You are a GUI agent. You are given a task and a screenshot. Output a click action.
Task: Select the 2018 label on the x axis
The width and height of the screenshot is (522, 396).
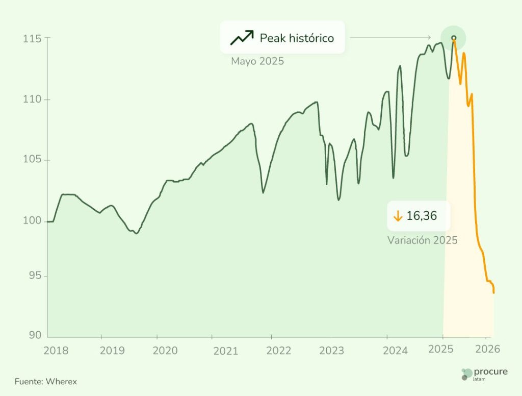click(x=56, y=350)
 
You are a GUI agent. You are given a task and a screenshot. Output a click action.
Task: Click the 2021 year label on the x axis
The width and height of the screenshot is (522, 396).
click(x=225, y=351)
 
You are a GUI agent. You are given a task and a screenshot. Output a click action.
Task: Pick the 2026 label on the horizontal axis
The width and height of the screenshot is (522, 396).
click(x=488, y=350)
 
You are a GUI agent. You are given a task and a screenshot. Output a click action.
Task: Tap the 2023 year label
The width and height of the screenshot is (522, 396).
click(x=331, y=351)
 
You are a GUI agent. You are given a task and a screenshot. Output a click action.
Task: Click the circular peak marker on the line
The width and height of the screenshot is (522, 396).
click(x=453, y=38)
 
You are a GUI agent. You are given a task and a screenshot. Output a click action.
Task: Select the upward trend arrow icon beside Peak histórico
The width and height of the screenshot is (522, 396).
click(x=242, y=38)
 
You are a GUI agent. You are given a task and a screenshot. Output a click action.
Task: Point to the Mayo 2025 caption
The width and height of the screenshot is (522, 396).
click(x=257, y=62)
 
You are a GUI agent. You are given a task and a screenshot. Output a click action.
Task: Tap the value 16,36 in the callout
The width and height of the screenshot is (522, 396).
click(x=422, y=216)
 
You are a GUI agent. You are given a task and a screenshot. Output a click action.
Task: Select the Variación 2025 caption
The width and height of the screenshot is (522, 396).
click(x=423, y=240)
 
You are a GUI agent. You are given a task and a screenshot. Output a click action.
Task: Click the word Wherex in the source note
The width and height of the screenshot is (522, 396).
click(x=61, y=381)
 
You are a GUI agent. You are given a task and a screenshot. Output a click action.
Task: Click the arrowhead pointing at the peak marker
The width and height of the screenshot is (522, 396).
click(x=429, y=38)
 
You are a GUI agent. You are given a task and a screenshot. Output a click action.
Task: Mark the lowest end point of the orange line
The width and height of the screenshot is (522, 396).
click(x=493, y=292)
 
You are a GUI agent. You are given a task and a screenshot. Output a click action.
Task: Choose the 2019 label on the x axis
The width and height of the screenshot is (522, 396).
click(x=112, y=351)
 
